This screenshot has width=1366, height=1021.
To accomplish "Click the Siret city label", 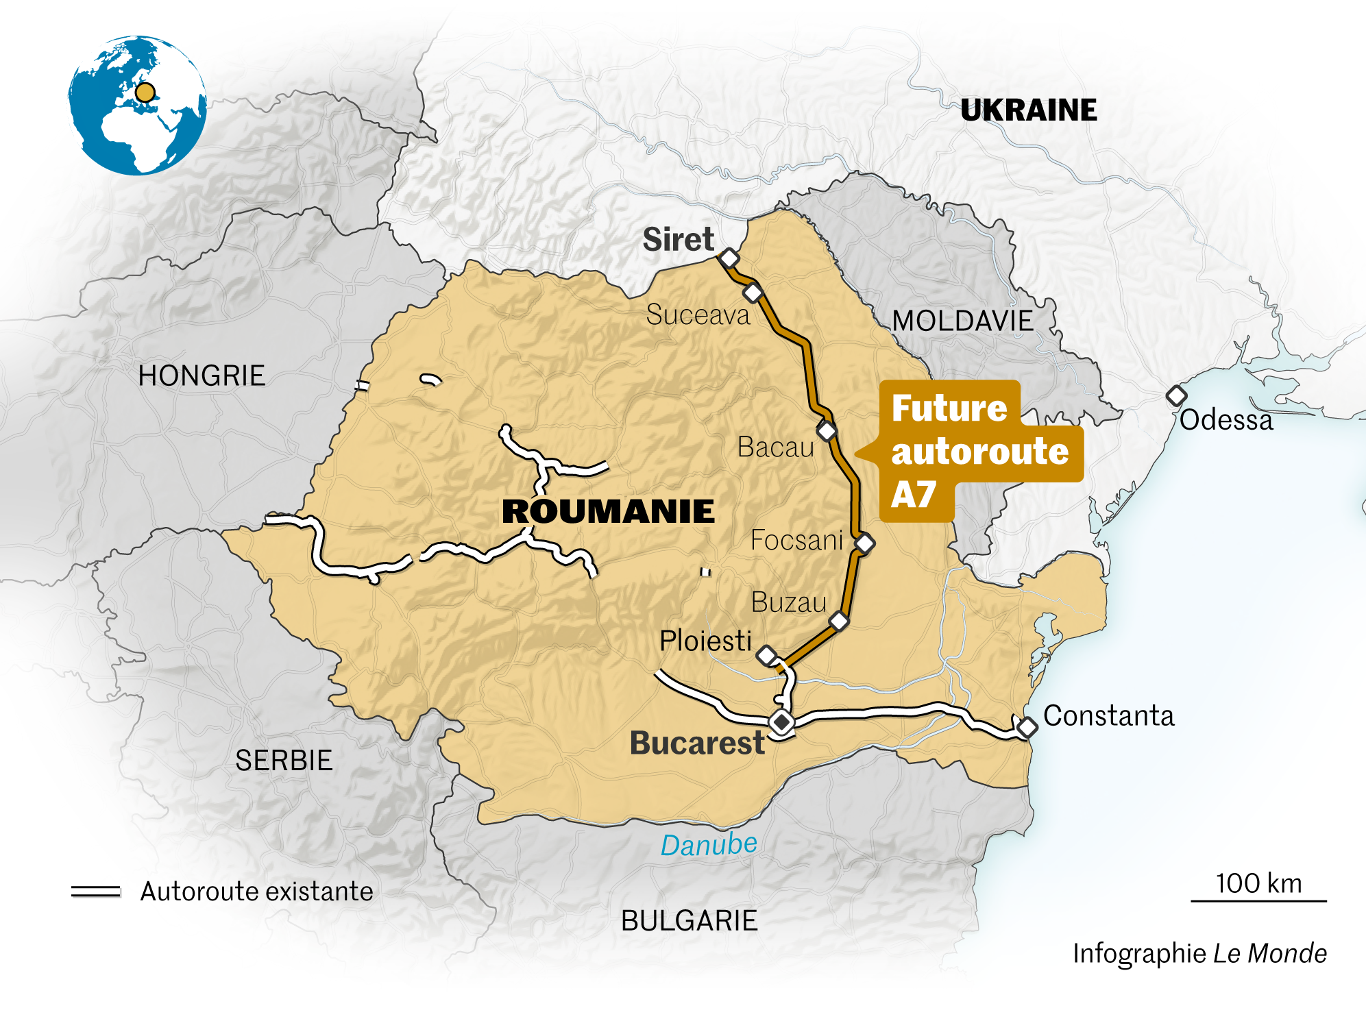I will pos(678,240).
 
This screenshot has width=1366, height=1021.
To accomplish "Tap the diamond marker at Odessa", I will pos(1176,395).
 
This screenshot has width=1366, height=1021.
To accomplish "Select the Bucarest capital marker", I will pos(781,722).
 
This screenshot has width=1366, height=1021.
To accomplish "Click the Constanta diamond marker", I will pos(1026,727).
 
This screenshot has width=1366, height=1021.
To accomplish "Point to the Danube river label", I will pos(709,844).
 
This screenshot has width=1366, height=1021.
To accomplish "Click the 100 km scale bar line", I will pos(1258,900).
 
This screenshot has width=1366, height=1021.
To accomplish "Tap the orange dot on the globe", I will pos(145,93).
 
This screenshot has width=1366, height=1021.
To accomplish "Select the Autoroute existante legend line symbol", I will pos(96,891).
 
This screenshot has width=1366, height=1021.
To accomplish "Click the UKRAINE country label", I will pos(1028,110).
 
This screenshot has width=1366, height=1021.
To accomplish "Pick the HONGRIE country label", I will pos(202,376).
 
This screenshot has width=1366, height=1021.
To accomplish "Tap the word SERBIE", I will pos(284,761).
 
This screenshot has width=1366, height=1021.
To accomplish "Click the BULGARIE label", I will pos(689,920).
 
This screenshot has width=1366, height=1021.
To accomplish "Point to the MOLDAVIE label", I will pos(962,321).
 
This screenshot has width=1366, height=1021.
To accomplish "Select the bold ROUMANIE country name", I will pos(608,512).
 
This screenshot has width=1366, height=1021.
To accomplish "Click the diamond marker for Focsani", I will pos(864,543).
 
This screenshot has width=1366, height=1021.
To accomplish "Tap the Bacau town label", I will pos(775,447).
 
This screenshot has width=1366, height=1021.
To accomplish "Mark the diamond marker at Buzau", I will pos(839,622).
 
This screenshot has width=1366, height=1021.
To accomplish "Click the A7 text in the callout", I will pos(913,495).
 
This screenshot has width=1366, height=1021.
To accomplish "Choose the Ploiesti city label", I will pos(705,641).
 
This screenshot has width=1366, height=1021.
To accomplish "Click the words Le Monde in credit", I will pos(1269,953).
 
